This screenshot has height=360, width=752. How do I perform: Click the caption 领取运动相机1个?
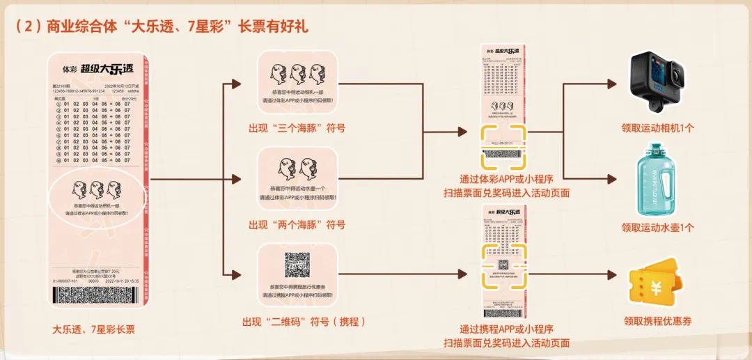click(x=658, y=128)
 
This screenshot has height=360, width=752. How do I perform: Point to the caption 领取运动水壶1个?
click(x=658, y=227)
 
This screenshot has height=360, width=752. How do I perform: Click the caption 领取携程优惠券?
click(x=658, y=322)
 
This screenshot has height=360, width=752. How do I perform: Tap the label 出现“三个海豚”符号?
click(x=297, y=128)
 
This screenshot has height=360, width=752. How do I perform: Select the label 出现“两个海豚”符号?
click(x=297, y=224)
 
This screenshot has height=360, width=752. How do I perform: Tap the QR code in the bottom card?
click(x=297, y=265)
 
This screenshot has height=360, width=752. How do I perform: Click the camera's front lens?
click(x=676, y=76)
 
